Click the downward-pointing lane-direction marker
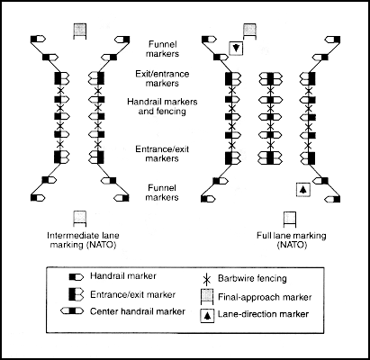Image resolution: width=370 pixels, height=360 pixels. coord(236,48)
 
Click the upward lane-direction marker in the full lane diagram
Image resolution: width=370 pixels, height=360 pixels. coord(303,189)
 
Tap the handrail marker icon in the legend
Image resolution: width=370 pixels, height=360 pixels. coord(77,277)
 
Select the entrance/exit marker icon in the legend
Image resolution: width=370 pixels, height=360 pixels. coord(77,294)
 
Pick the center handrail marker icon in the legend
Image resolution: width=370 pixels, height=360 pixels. coord(72,311)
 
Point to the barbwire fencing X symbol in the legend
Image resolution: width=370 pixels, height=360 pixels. coord(207,279)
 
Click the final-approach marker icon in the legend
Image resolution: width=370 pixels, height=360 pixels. coord(207,296)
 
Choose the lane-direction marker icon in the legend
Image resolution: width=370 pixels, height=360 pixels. coord(207,316)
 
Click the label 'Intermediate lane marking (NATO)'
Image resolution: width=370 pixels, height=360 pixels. coord(83,240)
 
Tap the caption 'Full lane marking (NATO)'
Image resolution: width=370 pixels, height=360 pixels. coord(291,240)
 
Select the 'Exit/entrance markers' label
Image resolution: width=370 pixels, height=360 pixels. coord(162,78)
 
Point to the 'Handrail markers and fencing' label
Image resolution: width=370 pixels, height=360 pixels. coord(162,106)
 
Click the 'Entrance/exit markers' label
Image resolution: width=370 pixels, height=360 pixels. coord(162,154)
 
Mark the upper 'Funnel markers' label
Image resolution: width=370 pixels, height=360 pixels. coord(162,49)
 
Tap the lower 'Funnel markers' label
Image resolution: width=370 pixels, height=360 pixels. coord(162,193)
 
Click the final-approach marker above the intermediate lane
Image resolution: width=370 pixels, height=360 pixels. coord(80,31)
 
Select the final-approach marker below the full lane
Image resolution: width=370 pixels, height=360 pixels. coord(290,220)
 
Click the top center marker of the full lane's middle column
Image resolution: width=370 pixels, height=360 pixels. coord(271,78)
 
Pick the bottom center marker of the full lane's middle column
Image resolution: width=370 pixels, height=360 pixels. coord(271,157)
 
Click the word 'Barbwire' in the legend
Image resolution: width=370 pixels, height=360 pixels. coord(232,278)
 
